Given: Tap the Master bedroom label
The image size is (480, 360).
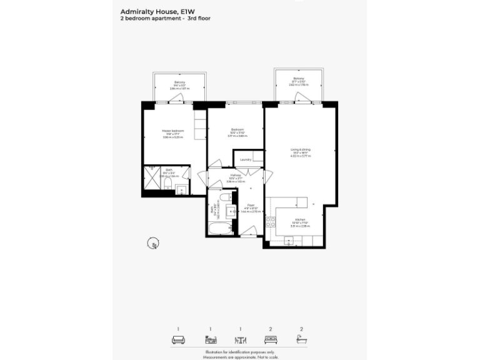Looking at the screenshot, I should click(x=173, y=131).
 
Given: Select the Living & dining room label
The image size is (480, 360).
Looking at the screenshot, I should click(x=300, y=149).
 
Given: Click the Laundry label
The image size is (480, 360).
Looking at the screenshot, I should click(x=245, y=159).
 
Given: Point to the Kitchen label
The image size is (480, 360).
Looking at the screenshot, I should click(x=300, y=219).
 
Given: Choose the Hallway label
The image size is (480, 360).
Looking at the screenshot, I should click(x=236, y=176).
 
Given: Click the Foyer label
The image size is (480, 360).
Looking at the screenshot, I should click(x=251, y=204).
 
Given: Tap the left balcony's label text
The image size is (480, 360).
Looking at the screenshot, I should click(x=179, y=82).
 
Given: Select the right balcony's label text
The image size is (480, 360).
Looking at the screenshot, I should click(x=298, y=79).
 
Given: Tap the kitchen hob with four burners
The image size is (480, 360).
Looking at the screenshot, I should click(x=271, y=221).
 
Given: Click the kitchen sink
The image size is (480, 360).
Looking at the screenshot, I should click(x=289, y=241).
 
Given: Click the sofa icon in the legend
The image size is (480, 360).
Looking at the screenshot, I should click(x=177, y=340).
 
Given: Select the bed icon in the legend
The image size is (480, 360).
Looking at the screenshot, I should click(x=271, y=340).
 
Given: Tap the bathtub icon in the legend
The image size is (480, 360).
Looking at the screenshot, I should click(x=301, y=340).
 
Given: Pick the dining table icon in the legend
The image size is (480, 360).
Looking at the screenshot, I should click(x=240, y=340).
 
